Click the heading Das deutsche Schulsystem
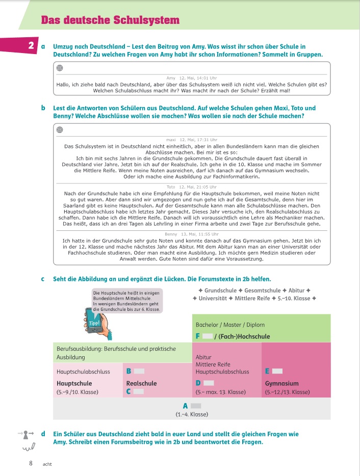pyautogui.click(x=110, y=20)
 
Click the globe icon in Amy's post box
pyautogui.click(x=60, y=68)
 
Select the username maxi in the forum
pyautogui.click(x=171, y=140)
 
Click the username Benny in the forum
pyautogui.click(x=171, y=234)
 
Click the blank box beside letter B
pyautogui.click(x=139, y=371)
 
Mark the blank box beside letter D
pyautogui.click(x=208, y=383)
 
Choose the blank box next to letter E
pyautogui.click(x=277, y=371)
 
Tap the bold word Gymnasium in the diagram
pyautogui.click(x=282, y=383)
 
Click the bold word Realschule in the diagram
pyautogui.click(x=141, y=383)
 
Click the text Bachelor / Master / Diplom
pyautogui.click(x=230, y=325)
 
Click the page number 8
pyautogui.click(x=31, y=463)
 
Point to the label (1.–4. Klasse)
pyautogui.click(x=192, y=414)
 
